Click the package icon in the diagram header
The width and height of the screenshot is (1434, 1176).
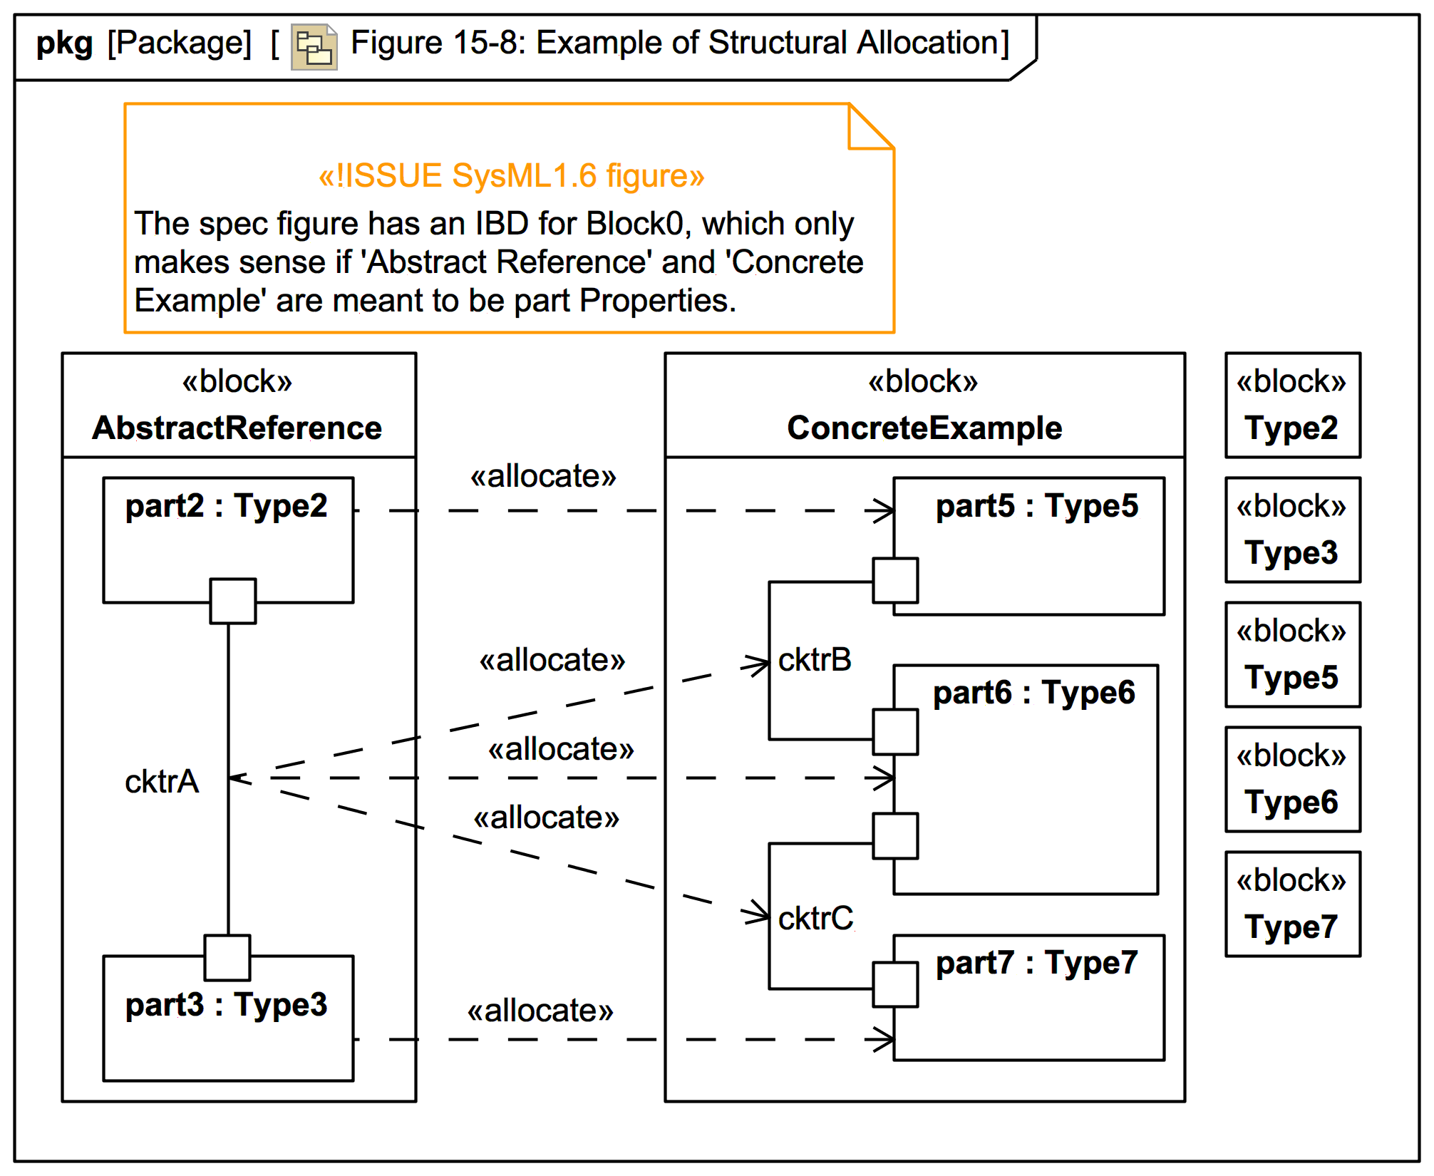[314, 47]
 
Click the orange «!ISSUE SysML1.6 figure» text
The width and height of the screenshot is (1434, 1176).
[511, 176]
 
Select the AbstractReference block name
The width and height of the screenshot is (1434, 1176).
[237, 428]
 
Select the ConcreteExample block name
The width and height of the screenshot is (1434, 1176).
[924, 428]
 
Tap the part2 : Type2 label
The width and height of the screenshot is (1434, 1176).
[226, 507]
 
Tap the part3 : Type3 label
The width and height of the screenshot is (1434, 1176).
[226, 1006]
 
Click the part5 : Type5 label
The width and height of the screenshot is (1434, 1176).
[1036, 507]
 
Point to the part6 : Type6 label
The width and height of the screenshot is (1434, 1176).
[1033, 693]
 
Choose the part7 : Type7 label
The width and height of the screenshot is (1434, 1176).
[1036, 964]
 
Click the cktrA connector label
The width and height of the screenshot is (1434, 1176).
[162, 782]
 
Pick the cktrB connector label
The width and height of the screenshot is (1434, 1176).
[815, 660]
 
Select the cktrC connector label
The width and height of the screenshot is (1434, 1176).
[815, 919]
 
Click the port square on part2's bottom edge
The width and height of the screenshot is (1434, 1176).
[232, 601]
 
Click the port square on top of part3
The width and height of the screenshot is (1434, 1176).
[227, 957]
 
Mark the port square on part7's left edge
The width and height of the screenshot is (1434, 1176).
[895, 984]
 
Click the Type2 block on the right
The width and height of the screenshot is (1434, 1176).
[1292, 406]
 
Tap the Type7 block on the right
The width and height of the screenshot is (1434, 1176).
[1292, 904]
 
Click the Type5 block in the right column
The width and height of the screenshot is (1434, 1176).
[1292, 655]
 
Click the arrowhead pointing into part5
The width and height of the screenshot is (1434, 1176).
[884, 510]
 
